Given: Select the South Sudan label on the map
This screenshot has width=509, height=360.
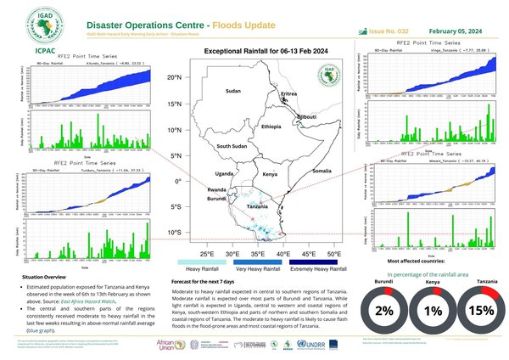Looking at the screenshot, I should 232,146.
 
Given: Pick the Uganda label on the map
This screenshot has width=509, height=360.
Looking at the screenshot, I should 225,174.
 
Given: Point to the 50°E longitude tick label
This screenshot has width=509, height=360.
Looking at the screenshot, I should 334,254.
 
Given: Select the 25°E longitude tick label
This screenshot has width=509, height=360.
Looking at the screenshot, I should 206,254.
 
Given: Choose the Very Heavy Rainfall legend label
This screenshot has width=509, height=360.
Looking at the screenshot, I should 260,268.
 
